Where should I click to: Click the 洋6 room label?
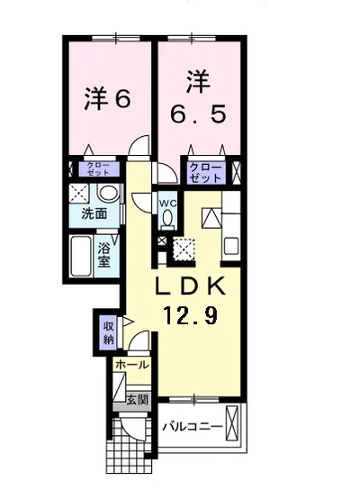coord(107,99)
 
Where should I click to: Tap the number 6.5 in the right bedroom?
coord(198,114)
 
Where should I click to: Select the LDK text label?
coord(191,286)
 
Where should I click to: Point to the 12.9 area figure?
coord(191,315)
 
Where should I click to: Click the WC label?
coord(168,204)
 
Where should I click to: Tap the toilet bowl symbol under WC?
coord(167,220)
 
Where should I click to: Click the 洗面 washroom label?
coord(94,213)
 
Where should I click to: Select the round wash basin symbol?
coord(108,193)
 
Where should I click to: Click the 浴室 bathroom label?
coord(104,255)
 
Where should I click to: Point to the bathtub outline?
coord(81,256)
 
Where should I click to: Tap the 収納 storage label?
coord(108,333)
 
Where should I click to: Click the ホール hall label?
coord(132,365)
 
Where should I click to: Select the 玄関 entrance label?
coord(138,400)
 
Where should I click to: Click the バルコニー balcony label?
coord(193,426)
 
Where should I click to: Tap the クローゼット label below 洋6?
coord(98,169)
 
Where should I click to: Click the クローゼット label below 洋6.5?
coord(206,173)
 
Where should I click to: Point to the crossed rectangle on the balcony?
coord(231,423)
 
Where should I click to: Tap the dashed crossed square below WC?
coord(184,247)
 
